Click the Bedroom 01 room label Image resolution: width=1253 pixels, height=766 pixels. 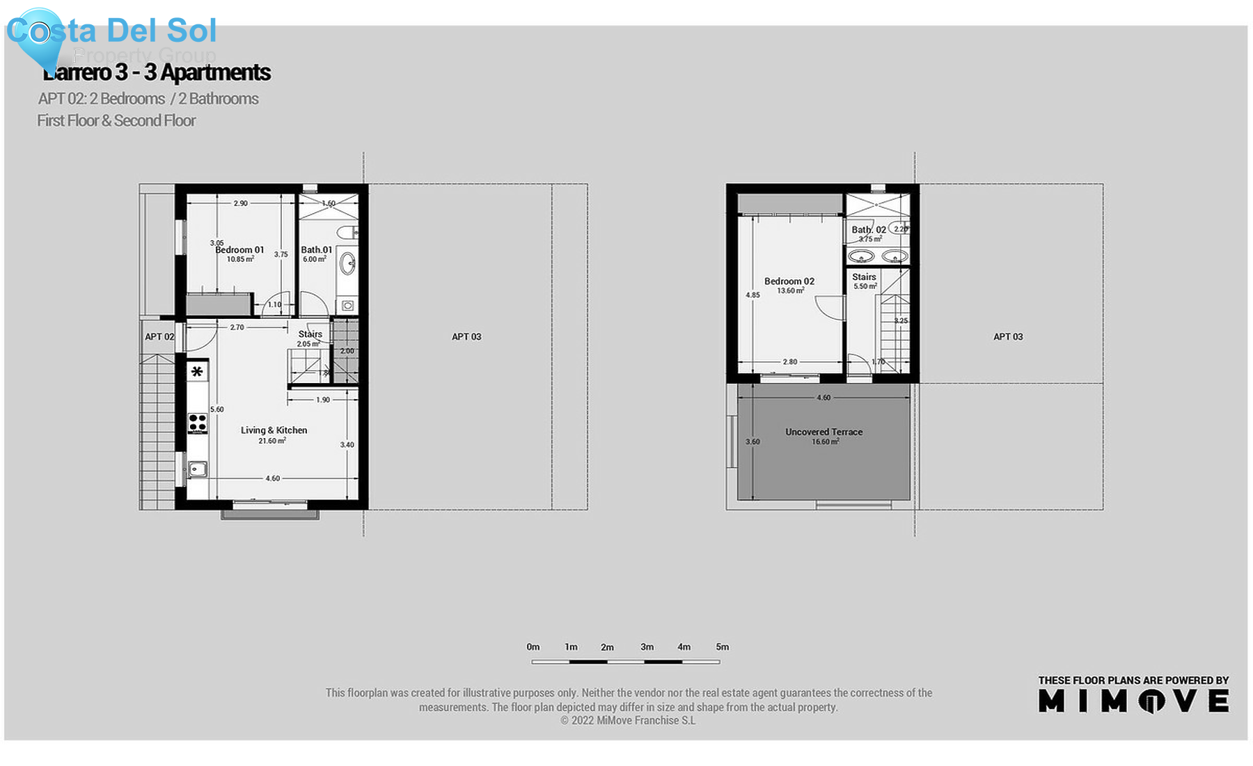point(239,250)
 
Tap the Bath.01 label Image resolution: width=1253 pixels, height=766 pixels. point(317,250)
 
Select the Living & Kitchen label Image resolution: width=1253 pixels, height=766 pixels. point(274,430)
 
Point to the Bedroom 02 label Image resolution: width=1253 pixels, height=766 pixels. point(789,281)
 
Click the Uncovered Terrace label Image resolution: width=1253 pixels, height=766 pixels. point(823,432)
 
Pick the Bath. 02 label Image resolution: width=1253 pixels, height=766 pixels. point(869,230)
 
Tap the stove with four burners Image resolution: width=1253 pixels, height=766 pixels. point(198,423)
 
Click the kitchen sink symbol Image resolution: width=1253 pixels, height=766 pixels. point(198,469)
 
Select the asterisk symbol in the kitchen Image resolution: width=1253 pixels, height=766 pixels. point(197,372)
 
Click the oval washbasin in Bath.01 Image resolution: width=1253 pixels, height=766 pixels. point(347,263)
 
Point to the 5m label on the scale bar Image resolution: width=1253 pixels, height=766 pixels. point(723,647)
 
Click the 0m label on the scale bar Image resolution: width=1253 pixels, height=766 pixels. point(533,647)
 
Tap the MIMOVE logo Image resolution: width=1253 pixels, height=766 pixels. point(1133,701)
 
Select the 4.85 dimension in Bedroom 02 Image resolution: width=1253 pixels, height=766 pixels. point(752,295)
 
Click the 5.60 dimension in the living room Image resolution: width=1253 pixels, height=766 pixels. point(217,409)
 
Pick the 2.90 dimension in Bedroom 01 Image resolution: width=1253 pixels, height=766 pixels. point(240,203)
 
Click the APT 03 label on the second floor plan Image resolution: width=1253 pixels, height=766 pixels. point(1008,337)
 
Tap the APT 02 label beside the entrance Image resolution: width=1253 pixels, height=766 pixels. point(159,337)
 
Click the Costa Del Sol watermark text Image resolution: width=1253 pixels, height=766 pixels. point(111,31)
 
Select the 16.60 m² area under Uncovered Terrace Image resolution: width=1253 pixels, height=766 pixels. point(825,442)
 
